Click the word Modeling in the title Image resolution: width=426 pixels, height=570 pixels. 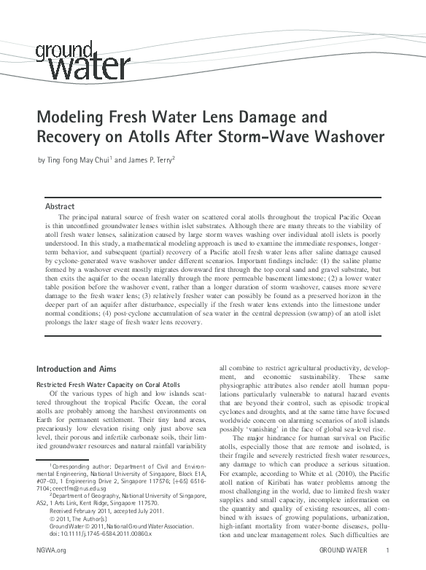point(74,118)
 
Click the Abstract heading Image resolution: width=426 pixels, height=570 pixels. point(60,207)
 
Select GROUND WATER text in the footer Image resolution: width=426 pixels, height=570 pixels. point(344,550)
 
